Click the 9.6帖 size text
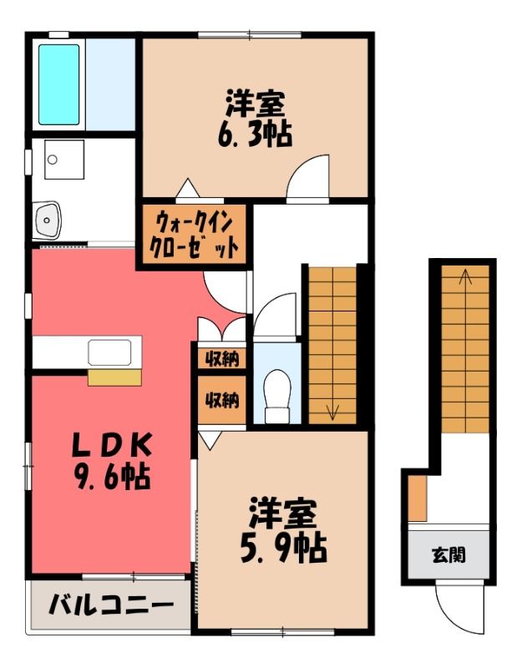(111, 477)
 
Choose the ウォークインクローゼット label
(194, 235)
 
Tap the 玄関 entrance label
(449, 554)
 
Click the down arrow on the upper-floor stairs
(332, 410)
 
